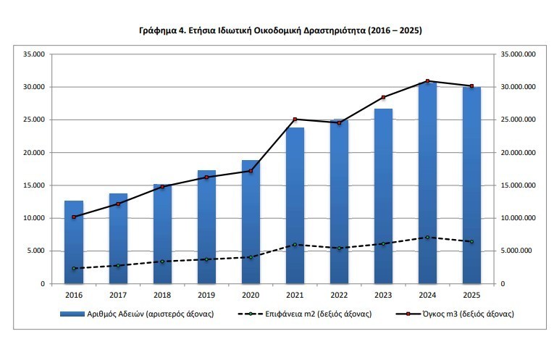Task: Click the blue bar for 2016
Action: pos(74,243)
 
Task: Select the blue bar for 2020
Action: pos(251,222)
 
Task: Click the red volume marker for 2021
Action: pos(295,120)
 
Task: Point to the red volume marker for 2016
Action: pos(74,217)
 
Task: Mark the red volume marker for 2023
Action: pos(383,97)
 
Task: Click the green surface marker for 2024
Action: pos(427,238)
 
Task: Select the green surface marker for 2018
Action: pos(162,261)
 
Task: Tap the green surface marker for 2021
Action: pos(295,245)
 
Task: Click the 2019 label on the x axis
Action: pos(206,295)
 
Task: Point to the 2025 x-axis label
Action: pos(471,295)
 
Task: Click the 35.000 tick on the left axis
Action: pos(33,54)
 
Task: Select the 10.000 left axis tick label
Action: pos(33,218)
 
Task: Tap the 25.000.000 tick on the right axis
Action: pos(518,120)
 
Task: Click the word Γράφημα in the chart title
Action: pos(157,31)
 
